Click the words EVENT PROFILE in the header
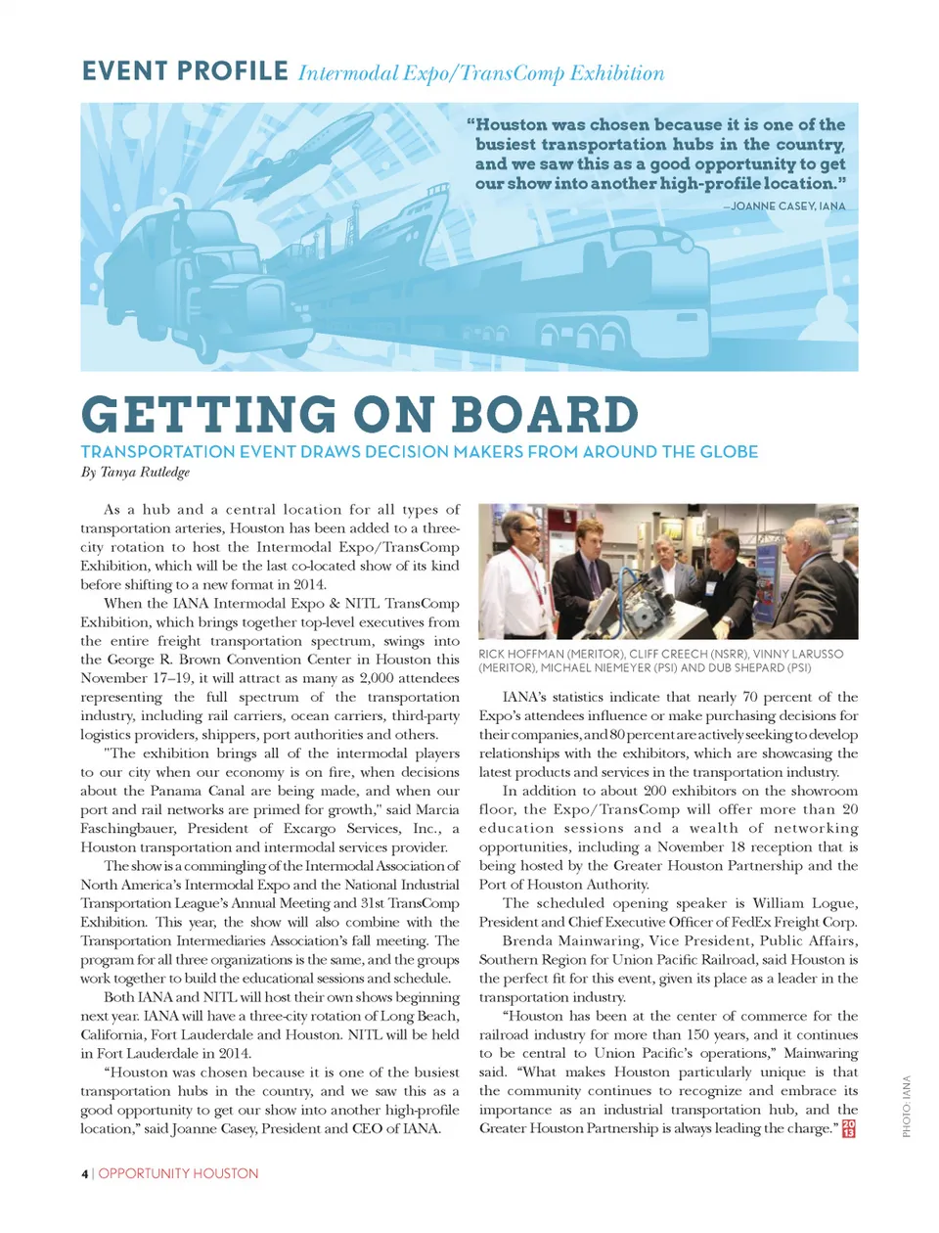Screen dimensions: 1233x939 coord(185,71)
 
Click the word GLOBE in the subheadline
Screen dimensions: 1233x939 coord(728,452)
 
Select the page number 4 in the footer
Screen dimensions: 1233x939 coord(85,1173)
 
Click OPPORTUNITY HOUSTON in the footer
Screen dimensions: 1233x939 coord(179,1173)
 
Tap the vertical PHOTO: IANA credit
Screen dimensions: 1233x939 coord(907,1106)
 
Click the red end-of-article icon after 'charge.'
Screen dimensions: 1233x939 coord(848,1128)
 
